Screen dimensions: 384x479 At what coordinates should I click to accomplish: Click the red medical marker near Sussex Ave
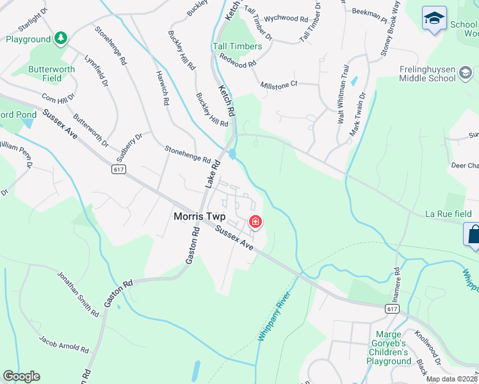point(256,221)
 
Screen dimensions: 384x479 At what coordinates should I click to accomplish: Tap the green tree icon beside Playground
point(60,38)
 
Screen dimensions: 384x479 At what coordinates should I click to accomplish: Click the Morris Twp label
point(199,217)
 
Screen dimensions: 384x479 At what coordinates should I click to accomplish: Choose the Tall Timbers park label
point(237,47)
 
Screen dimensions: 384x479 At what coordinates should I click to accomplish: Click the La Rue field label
point(449,214)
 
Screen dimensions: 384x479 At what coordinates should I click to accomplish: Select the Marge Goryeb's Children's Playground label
point(387,348)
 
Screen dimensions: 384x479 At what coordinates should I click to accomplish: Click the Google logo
point(21,376)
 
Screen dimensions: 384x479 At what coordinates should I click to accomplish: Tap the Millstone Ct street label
point(279,84)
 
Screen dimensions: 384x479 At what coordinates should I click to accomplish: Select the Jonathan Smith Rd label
point(78,295)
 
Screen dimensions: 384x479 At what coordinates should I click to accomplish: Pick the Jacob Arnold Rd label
point(63,344)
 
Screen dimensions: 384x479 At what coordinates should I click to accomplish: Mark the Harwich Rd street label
point(162,88)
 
